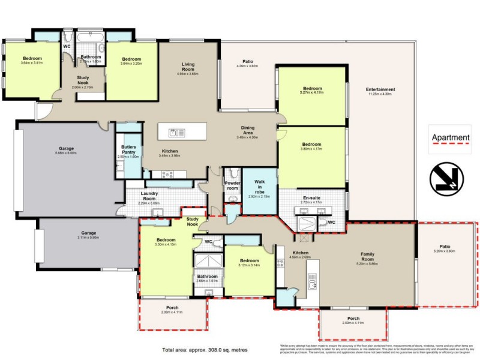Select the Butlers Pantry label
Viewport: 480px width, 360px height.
pos(128,149)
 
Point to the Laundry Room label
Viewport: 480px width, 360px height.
pos(149,196)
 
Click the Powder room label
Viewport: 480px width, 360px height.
pos(232,185)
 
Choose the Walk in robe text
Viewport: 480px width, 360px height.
pos(259,178)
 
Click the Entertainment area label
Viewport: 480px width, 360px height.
pos(380,90)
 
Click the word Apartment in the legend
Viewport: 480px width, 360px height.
pos(451,137)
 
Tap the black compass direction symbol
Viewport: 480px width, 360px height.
pos(446,178)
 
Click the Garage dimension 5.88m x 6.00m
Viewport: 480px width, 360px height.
pos(66,152)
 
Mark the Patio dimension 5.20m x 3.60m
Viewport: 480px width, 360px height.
pos(444,251)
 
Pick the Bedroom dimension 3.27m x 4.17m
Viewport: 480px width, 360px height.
pos(312,92)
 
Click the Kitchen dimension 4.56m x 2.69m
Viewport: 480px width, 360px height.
pos(301,258)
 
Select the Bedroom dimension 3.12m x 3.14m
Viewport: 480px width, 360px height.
pos(248,265)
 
